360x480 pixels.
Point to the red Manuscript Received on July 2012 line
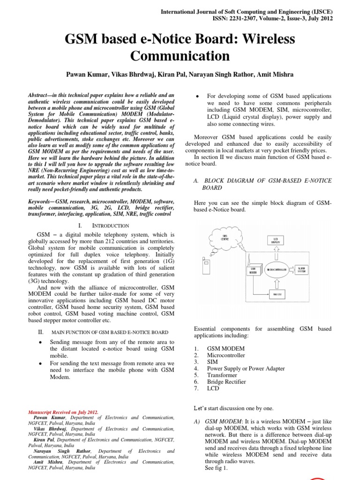pos(63,412)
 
